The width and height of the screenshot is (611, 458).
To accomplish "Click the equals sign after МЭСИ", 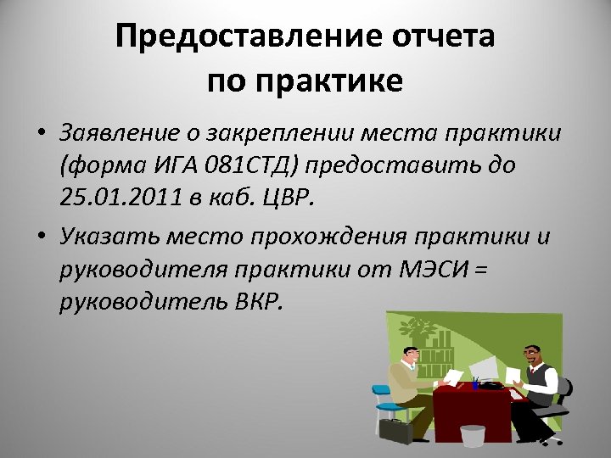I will tap(482, 269).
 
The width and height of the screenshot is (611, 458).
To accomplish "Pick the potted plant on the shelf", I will tap(419, 327).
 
